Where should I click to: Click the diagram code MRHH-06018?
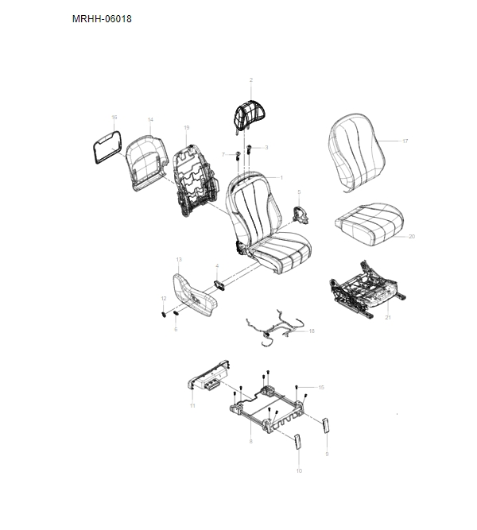pyautogui.click(x=102, y=18)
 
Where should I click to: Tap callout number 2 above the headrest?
pyautogui.click(x=251, y=79)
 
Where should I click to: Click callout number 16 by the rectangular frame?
pyautogui.click(x=114, y=118)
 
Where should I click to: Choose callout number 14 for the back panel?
pyautogui.click(x=150, y=120)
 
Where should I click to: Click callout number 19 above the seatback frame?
pyautogui.click(x=187, y=128)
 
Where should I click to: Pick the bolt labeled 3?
pyautogui.click(x=250, y=148)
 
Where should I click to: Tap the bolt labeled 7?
pyautogui.click(x=238, y=156)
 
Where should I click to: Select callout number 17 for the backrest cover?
pyautogui.click(x=405, y=141)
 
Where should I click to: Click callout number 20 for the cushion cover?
pyautogui.click(x=412, y=237)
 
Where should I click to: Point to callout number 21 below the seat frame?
pyautogui.click(x=388, y=317)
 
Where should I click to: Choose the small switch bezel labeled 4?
pyautogui.click(x=220, y=285)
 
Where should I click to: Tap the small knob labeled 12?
pyautogui.click(x=164, y=315)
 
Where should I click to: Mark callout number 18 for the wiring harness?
pyautogui.click(x=312, y=331)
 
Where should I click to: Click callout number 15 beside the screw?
pyautogui.click(x=321, y=387)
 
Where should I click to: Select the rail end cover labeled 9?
pyautogui.click(x=325, y=425)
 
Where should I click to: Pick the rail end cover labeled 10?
pyautogui.click(x=297, y=442)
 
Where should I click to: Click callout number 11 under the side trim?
pyautogui.click(x=192, y=405)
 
